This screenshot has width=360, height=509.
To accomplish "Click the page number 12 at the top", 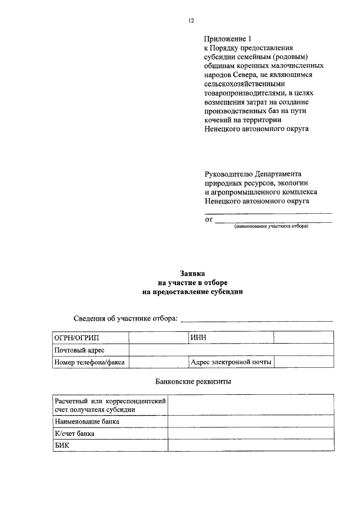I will [191, 21].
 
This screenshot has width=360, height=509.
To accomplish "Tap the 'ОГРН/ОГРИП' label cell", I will [90, 337].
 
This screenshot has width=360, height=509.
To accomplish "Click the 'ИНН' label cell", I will [231, 337].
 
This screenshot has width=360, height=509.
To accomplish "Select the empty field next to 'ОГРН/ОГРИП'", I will [159, 337].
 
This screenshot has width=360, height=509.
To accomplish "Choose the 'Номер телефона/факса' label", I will [90, 363].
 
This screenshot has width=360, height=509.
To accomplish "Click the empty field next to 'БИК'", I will [251, 445].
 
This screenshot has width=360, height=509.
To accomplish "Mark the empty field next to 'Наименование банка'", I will [251, 421].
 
